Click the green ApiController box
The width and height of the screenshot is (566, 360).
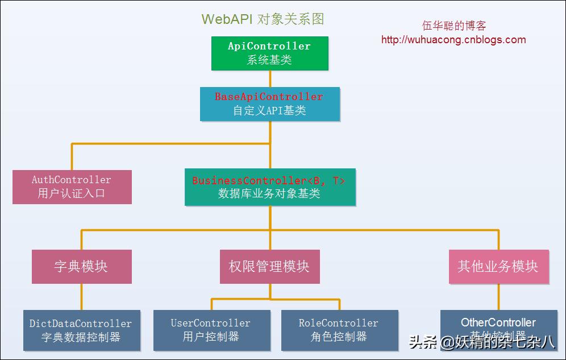[x=269, y=53]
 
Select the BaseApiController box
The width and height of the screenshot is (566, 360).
[x=269, y=104]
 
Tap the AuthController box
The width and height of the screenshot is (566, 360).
[x=72, y=187]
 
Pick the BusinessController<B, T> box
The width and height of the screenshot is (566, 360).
[x=270, y=187]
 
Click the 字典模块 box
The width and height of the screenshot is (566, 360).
[x=81, y=267]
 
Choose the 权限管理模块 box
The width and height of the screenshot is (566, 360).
[x=269, y=267]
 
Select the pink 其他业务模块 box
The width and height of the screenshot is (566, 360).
[x=498, y=267]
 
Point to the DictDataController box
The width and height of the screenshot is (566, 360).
[x=81, y=330]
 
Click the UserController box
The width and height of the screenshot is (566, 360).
[x=211, y=330]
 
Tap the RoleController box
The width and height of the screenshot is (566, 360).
[x=339, y=330]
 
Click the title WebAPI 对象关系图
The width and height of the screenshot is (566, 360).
[x=263, y=19]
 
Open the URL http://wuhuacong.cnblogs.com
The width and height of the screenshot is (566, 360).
[x=453, y=40]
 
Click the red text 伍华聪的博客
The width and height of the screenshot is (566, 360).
[x=454, y=26]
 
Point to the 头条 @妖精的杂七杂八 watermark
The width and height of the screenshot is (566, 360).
[x=481, y=342]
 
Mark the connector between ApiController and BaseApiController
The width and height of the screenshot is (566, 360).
[x=270, y=78]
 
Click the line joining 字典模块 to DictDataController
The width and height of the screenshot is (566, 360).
[x=81, y=297]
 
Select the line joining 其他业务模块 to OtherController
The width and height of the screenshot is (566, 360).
[x=499, y=297]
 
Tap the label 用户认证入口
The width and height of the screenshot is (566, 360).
[x=72, y=193]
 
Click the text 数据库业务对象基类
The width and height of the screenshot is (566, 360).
[x=269, y=194]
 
